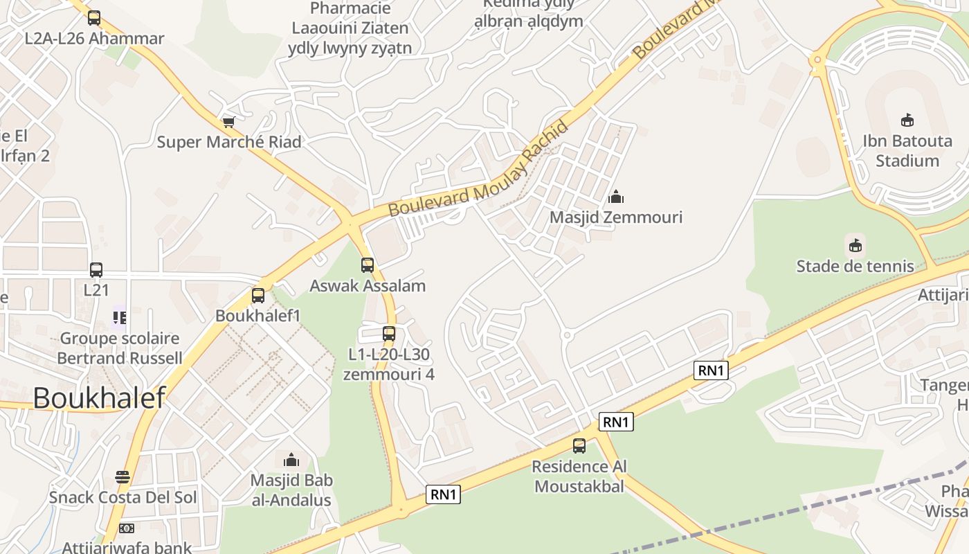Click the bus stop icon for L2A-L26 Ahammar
click(94, 18)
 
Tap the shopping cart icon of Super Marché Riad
click(228, 122)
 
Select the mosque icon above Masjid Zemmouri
click(615, 197)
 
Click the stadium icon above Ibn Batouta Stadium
click(907, 120)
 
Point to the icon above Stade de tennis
click(855, 245)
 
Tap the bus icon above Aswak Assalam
click(368, 265)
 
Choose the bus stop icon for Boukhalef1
click(258, 296)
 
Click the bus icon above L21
click(96, 269)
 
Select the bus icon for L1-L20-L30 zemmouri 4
click(389, 334)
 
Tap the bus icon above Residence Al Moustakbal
click(579, 446)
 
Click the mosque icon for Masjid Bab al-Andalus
click(291, 460)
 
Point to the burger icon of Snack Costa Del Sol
click(123, 476)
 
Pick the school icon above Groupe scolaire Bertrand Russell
click(120, 318)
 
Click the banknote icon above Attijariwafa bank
click(127, 528)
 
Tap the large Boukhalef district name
click(99, 398)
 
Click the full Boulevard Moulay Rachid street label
click(478, 170)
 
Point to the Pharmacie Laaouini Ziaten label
click(350, 28)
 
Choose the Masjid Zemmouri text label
click(615, 217)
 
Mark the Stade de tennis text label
click(855, 266)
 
